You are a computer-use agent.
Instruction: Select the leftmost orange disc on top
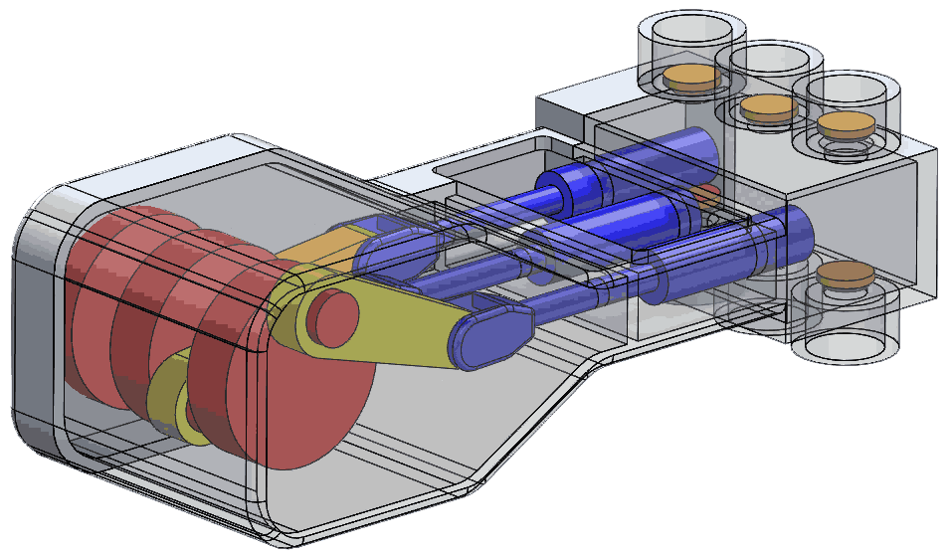[690, 77]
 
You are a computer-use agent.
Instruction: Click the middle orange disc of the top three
[767, 105]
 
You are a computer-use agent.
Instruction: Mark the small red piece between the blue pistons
[707, 193]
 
